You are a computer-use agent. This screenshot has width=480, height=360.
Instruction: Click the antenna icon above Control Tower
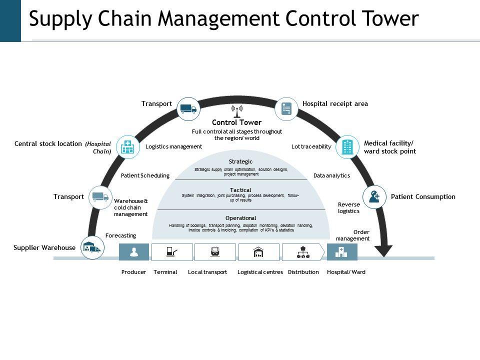(x=237, y=111)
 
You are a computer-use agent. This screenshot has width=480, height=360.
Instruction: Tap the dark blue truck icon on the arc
(x=188, y=109)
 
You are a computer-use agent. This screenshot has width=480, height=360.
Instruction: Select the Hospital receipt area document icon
(x=286, y=108)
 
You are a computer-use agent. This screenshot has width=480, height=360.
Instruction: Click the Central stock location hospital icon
(x=127, y=147)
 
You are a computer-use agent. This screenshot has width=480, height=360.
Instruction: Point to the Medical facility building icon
(x=347, y=147)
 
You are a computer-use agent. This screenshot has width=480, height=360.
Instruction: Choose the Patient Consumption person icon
(x=374, y=197)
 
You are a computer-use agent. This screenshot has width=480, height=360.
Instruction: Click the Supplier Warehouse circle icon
(x=92, y=247)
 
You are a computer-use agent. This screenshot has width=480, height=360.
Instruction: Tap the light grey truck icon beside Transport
(x=100, y=197)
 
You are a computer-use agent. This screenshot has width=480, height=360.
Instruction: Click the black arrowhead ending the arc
(x=383, y=251)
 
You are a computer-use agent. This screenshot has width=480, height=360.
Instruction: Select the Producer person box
(x=134, y=252)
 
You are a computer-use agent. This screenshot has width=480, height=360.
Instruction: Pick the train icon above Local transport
(x=215, y=251)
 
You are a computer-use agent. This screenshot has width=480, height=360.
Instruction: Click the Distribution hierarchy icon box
(x=303, y=252)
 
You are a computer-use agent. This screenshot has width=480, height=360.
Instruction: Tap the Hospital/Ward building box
(x=342, y=252)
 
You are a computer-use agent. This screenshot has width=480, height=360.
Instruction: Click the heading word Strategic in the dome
(x=240, y=161)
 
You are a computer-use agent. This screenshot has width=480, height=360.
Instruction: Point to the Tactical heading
(x=240, y=190)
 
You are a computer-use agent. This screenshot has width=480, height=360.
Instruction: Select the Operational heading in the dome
(x=240, y=218)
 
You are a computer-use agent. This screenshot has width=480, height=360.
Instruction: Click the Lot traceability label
(x=311, y=146)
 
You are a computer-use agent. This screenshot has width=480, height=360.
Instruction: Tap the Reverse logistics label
(x=348, y=208)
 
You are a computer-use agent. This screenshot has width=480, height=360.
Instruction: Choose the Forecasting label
(x=120, y=235)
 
